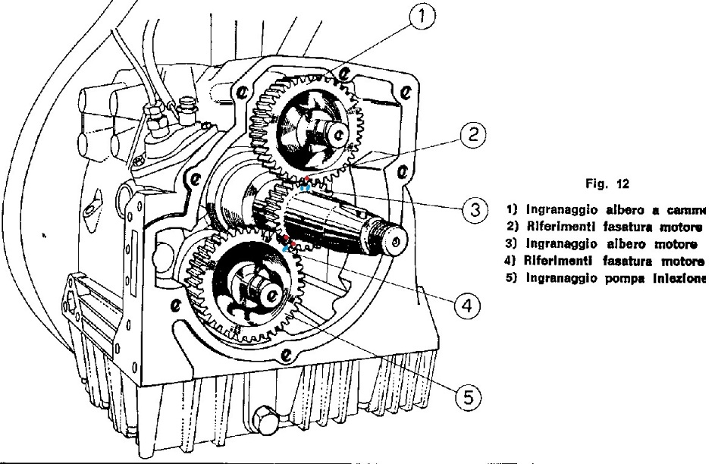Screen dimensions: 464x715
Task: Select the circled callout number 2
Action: (x=472, y=136)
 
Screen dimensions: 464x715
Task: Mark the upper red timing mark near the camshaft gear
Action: (x=306, y=180)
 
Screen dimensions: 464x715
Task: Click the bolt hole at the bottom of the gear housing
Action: (x=287, y=354)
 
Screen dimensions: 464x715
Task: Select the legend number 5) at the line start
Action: (x=508, y=259)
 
